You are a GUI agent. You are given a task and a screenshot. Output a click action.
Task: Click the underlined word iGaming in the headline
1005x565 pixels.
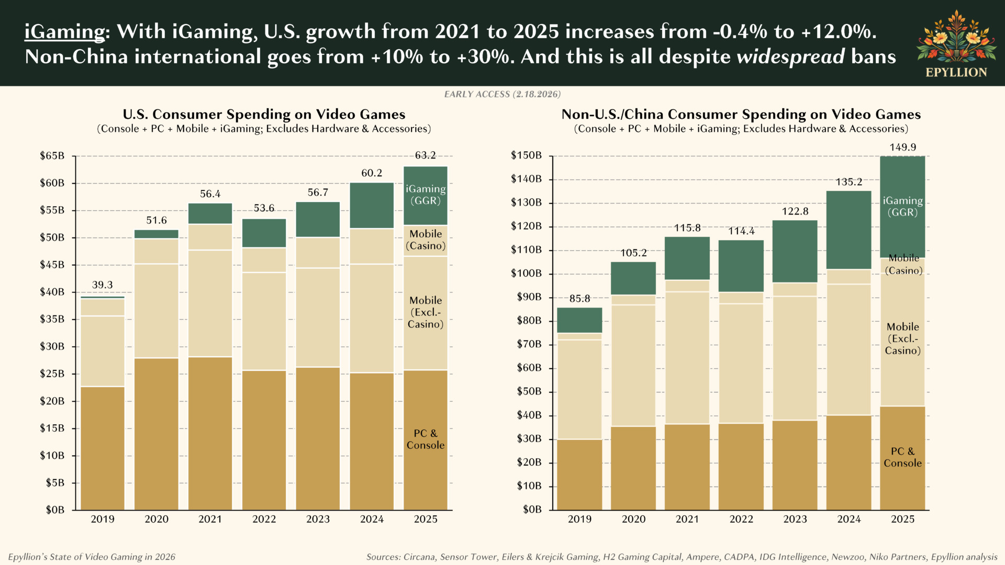[x=65, y=32]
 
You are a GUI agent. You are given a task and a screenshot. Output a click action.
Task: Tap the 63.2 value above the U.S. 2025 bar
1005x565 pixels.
[x=425, y=155]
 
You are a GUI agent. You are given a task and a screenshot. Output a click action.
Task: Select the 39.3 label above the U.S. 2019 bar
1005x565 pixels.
[x=102, y=285]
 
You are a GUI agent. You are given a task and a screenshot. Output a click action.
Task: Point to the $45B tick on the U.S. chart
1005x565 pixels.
[x=52, y=265]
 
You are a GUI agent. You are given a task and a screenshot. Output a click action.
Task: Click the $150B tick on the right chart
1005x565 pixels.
[x=526, y=155]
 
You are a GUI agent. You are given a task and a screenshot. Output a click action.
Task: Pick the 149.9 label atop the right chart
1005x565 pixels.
[x=902, y=148]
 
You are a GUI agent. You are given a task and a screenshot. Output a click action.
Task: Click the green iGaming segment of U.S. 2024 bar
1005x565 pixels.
[x=372, y=205]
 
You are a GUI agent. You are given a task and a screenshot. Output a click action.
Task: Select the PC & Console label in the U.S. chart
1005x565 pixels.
[x=425, y=439]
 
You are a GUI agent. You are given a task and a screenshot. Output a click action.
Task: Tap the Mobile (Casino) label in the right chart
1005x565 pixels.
[x=903, y=265]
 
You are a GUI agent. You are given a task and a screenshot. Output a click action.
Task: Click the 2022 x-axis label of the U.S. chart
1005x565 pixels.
[x=264, y=519]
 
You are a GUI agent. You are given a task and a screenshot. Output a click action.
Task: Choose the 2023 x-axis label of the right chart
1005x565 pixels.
[x=795, y=519]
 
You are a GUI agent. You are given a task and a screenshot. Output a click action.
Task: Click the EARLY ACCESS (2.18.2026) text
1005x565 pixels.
[x=502, y=94]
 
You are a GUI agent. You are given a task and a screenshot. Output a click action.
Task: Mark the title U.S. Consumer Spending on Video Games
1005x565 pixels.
[x=264, y=115]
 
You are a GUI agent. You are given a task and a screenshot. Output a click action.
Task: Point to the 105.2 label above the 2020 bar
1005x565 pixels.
[x=633, y=253]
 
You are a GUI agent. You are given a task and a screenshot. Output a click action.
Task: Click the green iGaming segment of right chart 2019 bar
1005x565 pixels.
[x=579, y=320]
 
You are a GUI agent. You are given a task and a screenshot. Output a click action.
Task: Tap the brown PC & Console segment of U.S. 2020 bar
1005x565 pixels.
[x=156, y=434]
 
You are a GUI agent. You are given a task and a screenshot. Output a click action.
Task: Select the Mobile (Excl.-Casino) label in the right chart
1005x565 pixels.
[x=902, y=338]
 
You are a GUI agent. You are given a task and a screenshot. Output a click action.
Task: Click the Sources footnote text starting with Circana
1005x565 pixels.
[x=682, y=557]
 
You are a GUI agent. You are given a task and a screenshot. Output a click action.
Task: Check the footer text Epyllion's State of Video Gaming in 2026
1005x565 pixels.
[x=92, y=557]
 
